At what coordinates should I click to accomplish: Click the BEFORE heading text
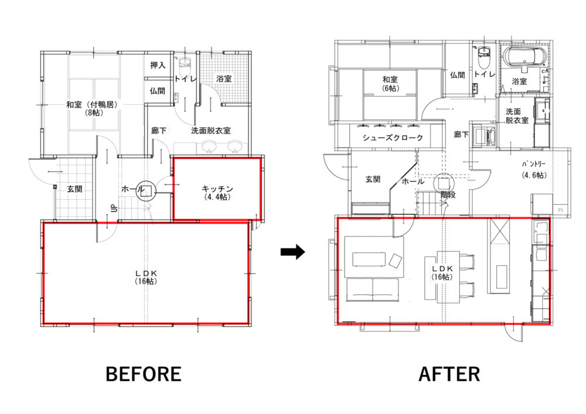pyautogui.click(x=144, y=374)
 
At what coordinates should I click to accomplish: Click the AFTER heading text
pyautogui.click(x=449, y=374)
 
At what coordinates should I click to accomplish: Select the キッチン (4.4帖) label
pyautogui.click(x=217, y=193)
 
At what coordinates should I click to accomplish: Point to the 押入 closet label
pyautogui.click(x=158, y=66)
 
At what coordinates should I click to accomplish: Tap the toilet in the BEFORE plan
pyautogui.click(x=185, y=67)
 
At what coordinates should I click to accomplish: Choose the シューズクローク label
pyautogui.click(x=393, y=138)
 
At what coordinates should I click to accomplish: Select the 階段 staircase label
pyautogui.click(x=448, y=194)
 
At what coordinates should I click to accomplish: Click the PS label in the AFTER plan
pyautogui.click(x=561, y=210)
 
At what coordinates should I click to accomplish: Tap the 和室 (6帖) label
pyautogui.click(x=390, y=84)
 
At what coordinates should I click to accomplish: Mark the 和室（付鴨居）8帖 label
pyautogui.click(x=92, y=108)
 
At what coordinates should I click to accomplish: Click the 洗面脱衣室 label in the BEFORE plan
pyautogui.click(x=211, y=131)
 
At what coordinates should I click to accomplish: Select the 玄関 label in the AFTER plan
pyautogui.click(x=373, y=180)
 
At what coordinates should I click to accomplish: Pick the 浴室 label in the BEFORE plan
pyautogui.click(x=224, y=79)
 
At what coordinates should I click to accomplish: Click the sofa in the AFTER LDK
pyautogui.click(x=373, y=289)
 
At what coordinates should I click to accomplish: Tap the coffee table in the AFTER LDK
pyautogui.click(x=369, y=259)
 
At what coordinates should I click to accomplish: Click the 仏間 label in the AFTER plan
pyautogui.click(x=458, y=75)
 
